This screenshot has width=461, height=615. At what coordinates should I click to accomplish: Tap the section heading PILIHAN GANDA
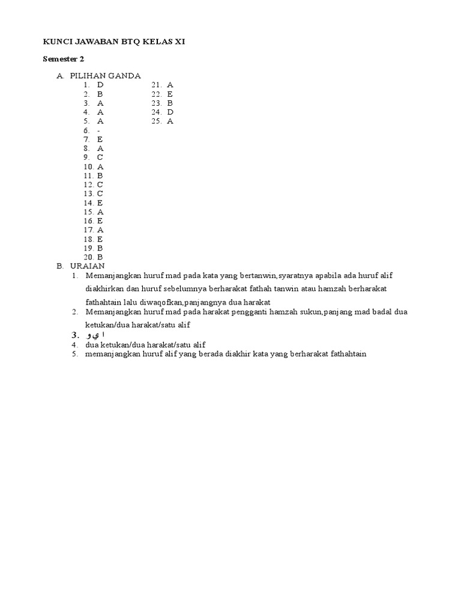pyautogui.click(x=105, y=76)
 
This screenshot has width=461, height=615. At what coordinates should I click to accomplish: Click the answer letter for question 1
pyautogui.click(x=100, y=85)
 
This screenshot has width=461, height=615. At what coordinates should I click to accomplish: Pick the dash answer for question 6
pyautogui.click(x=98, y=130)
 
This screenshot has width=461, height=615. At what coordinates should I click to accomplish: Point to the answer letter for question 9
pyautogui.click(x=100, y=157)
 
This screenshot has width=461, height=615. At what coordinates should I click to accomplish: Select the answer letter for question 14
pyautogui.click(x=100, y=202)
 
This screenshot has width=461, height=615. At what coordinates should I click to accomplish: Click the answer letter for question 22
pyautogui.click(x=170, y=94)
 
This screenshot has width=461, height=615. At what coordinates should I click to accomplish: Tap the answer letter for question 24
pyautogui.click(x=170, y=112)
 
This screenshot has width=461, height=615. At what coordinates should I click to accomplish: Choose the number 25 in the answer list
pyautogui.click(x=156, y=121)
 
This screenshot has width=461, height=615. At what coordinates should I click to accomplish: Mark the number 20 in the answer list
pyautogui.click(x=88, y=256)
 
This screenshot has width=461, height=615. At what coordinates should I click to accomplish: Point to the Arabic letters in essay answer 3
pyautogui.click(x=96, y=335)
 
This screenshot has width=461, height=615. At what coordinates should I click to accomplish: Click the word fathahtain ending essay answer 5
pyautogui.click(x=347, y=354)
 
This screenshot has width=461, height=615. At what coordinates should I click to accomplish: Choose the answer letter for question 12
pyautogui.click(x=100, y=184)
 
